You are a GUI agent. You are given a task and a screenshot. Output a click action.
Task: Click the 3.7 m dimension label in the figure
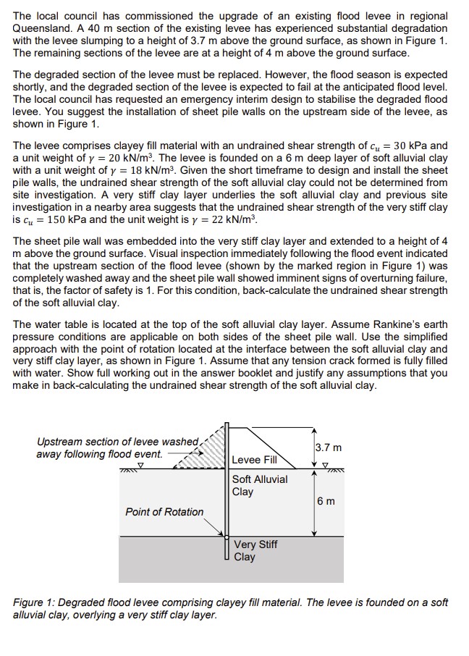pos(328,447)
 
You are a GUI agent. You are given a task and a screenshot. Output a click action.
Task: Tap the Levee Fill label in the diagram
pos(254,459)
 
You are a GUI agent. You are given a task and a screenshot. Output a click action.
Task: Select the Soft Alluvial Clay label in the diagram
pos(259,485)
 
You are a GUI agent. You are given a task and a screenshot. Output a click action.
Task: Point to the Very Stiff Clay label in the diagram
pos(255,550)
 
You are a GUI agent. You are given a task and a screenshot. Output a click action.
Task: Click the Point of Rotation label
pos(164,512)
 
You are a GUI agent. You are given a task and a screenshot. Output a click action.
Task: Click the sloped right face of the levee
pos(276,446)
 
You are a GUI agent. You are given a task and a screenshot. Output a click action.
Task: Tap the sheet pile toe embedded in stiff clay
pos(227,561)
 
